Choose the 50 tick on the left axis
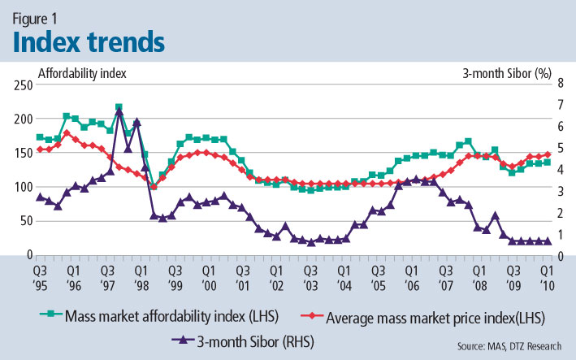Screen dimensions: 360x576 pyautogui.click(x=25, y=221)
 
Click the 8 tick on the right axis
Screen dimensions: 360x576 pyautogui.click(x=555, y=85)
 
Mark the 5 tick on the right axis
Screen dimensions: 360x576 pyautogui.click(x=555, y=149)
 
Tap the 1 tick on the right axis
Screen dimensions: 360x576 pyautogui.click(x=555, y=234)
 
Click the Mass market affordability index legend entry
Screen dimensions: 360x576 pyautogui.click(x=175, y=315)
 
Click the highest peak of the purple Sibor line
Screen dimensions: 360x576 pyautogui.click(x=119, y=111)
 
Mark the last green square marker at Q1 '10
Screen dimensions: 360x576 pyautogui.click(x=547, y=163)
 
